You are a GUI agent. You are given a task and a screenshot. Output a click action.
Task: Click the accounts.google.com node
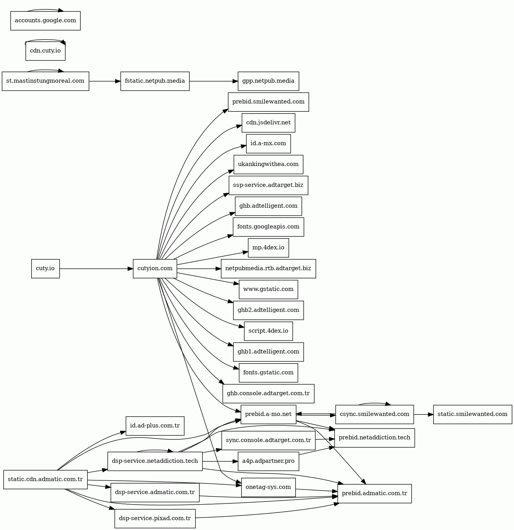[45, 21]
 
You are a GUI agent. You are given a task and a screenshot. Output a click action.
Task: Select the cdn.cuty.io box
[45, 51]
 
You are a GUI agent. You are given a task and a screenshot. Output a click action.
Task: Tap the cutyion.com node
[155, 269]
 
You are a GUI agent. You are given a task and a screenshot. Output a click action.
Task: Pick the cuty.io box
[45, 269]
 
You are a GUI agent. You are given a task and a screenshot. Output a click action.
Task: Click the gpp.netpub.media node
[268, 81]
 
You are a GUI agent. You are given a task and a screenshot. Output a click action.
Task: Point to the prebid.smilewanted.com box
[268, 102]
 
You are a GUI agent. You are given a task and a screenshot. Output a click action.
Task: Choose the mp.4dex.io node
[268, 248]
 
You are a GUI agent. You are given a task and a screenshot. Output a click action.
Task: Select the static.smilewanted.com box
[472, 414]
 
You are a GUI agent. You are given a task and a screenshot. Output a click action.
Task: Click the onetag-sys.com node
[268, 487]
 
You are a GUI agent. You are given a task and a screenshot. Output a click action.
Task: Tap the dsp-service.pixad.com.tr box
[155, 519]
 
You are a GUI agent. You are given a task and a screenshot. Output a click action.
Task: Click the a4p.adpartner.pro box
[268, 461]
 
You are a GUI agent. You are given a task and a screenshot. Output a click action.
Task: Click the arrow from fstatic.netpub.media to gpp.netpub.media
[213, 81]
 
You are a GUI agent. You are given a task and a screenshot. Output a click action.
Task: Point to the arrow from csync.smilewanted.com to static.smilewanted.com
[423, 414]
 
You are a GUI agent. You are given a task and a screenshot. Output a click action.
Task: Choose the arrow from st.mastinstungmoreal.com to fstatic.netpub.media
[105, 81]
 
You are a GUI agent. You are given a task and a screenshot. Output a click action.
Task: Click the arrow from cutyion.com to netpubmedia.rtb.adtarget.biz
[199, 269]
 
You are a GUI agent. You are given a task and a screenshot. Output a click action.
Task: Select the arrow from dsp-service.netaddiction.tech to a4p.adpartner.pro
[220, 461]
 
